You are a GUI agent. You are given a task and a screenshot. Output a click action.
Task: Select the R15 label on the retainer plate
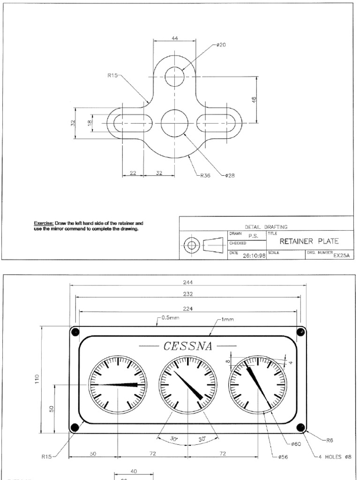pyautogui.click(x=113, y=75)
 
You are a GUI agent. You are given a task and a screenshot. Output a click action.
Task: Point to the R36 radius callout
pyautogui.click(x=205, y=176)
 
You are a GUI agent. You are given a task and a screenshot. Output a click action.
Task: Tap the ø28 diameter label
pyautogui.click(x=229, y=176)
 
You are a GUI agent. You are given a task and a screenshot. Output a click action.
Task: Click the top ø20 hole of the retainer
pyautogui.click(x=174, y=77)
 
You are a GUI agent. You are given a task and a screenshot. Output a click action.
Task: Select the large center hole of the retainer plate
pyautogui.click(x=174, y=123)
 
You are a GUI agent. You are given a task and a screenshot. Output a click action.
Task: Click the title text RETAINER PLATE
pyautogui.click(x=309, y=241)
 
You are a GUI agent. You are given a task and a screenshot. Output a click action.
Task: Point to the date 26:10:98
pyautogui.click(x=254, y=256)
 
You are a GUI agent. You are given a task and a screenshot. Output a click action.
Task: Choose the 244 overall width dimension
pyautogui.click(x=188, y=282)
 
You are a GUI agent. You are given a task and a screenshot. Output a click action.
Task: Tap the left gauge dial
pyautogui.click(x=118, y=384)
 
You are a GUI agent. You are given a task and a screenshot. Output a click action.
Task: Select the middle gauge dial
pyautogui.click(x=187, y=384)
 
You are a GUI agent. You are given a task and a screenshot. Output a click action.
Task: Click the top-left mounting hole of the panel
pyautogui.click(x=75, y=332)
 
